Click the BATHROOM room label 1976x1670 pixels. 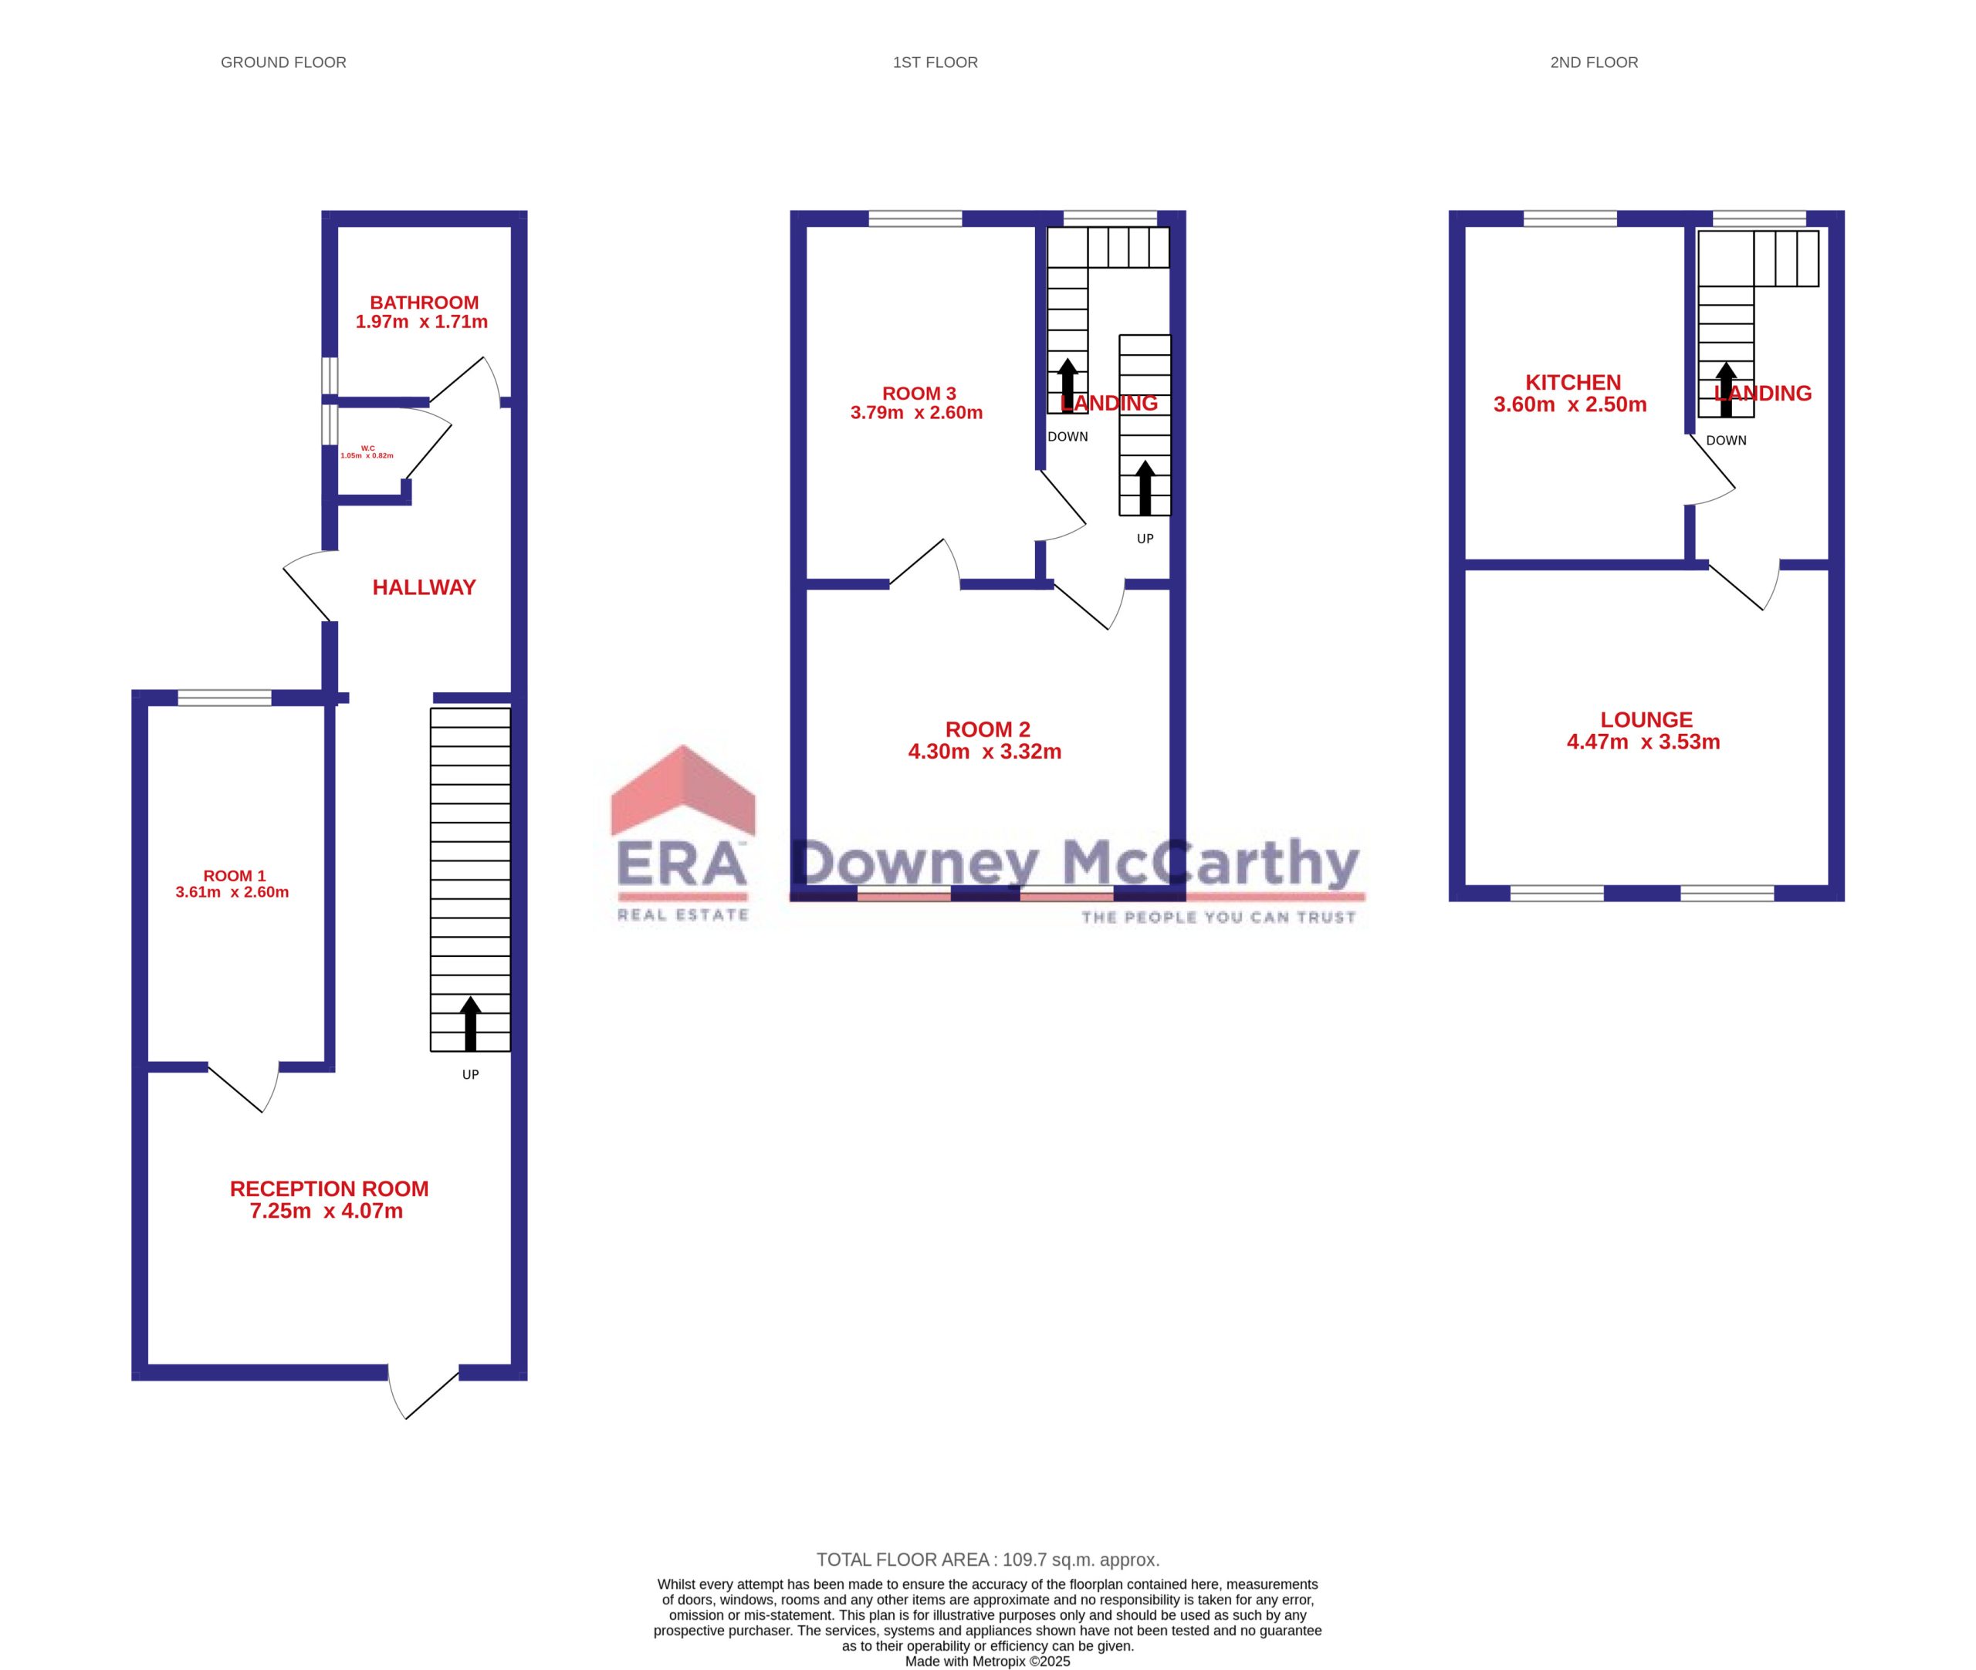(425, 303)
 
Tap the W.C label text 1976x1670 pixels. (367, 448)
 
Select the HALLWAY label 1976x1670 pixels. (425, 587)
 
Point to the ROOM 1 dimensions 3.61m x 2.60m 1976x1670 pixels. (232, 892)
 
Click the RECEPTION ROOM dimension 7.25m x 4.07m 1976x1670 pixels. (326, 1212)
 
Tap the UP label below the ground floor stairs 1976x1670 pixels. (471, 1074)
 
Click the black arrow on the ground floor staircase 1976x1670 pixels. (471, 1023)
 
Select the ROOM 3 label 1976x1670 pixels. (919, 394)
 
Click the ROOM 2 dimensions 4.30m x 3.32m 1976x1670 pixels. (985, 752)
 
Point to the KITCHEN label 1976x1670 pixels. (1572, 383)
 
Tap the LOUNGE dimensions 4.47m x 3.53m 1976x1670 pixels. (1643, 742)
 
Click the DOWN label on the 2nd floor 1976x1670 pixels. (1726, 440)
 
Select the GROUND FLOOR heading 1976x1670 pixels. (283, 63)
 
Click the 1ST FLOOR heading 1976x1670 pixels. (936, 63)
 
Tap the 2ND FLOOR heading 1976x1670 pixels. (1595, 63)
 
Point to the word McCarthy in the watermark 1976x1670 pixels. (1211, 864)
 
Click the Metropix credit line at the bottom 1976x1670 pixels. (987, 1661)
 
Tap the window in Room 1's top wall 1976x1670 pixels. (225, 698)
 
